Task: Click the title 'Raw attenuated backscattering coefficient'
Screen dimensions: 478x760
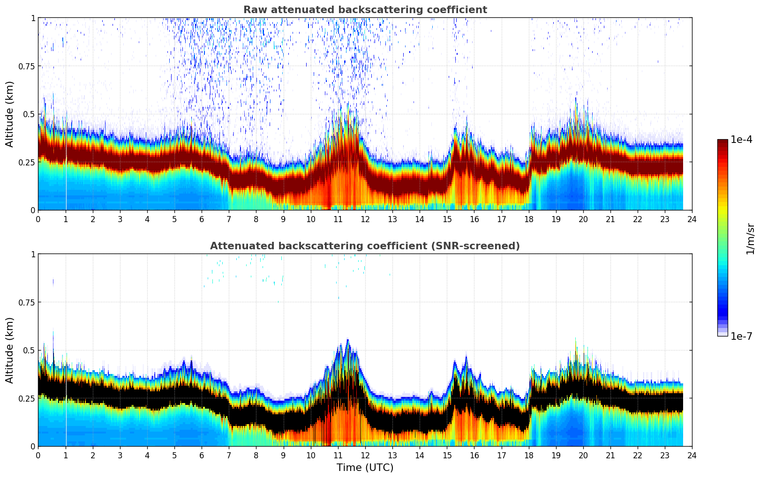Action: click(365, 10)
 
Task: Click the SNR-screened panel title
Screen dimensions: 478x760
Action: click(365, 246)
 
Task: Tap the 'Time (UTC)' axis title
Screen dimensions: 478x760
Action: click(365, 468)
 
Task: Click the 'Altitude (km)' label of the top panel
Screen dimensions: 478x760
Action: click(10, 114)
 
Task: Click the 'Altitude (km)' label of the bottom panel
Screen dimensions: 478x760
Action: click(10, 350)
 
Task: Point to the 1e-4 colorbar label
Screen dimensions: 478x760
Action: click(741, 140)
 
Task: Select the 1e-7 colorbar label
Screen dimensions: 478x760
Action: click(741, 336)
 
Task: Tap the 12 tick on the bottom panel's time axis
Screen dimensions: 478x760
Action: click(365, 456)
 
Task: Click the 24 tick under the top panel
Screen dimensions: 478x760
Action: click(692, 219)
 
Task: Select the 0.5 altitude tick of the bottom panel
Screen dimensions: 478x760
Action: click(29, 350)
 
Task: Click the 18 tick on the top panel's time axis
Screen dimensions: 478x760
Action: click(528, 219)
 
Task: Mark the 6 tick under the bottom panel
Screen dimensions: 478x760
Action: click(202, 456)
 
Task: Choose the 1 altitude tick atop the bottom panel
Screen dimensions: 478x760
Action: click(33, 254)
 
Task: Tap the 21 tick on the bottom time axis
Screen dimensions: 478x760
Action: click(610, 456)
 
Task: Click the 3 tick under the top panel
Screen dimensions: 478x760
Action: click(120, 219)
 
